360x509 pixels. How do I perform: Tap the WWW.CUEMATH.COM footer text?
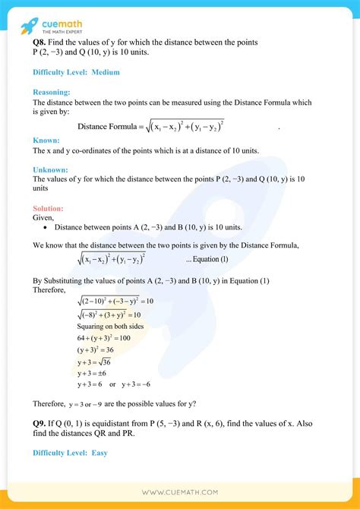pos(180,493)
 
